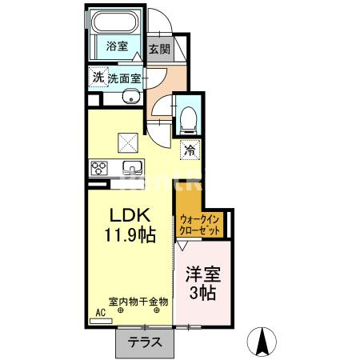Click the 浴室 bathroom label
(x=118, y=46)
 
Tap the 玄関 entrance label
(x=159, y=48)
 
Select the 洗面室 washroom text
(x=125, y=78)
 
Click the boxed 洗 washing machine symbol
(x=97, y=78)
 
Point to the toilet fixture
(x=188, y=119)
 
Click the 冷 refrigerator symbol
(x=190, y=149)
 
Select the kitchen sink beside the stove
(x=131, y=167)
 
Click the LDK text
(x=126, y=216)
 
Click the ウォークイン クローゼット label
(x=200, y=224)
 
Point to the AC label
(x=101, y=312)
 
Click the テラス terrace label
(x=145, y=342)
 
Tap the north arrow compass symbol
(x=262, y=342)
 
